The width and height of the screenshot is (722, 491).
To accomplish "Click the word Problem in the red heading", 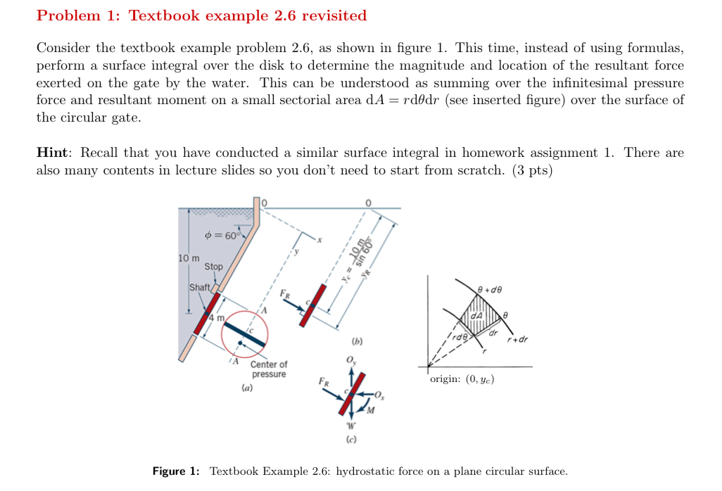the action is point(66,15).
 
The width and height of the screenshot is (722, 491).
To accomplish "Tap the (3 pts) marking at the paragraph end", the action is point(530,170).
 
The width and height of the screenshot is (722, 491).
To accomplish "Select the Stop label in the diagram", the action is point(213,267).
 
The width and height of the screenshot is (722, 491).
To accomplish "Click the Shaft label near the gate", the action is point(199,288).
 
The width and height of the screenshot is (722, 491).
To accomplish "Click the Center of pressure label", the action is point(268,369).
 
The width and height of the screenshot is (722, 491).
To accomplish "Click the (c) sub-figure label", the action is point(350,440).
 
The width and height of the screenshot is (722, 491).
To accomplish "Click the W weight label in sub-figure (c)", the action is point(350,425).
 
